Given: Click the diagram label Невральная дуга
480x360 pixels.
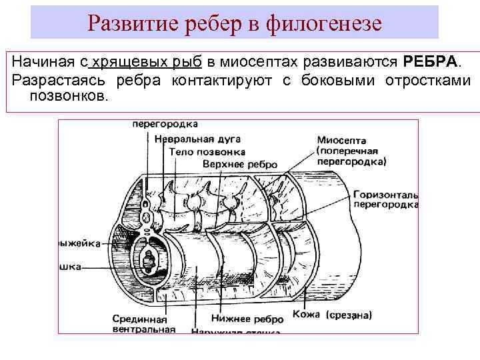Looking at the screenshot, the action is tap(193, 139).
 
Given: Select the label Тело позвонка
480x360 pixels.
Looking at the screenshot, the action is tap(207, 151).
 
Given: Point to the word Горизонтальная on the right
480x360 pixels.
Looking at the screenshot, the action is tap(386, 194).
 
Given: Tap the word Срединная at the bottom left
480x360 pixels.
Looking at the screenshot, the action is tap(139, 318).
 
